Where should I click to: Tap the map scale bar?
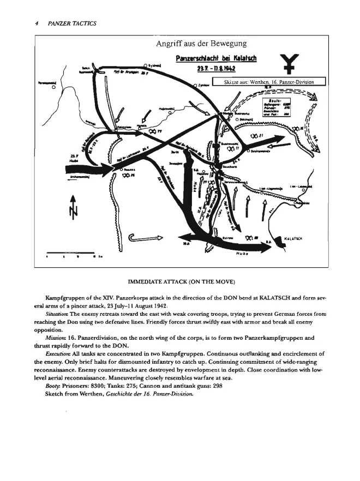coord(71,254)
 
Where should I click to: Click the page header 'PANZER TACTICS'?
coord(73,23)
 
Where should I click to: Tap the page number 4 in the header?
coord(35,23)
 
